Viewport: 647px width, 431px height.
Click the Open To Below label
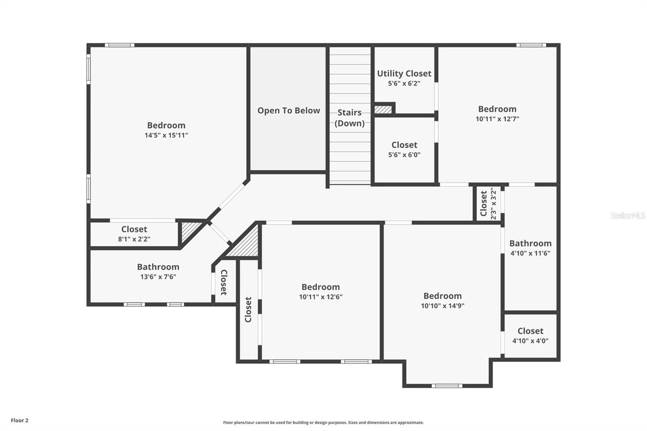click(289, 111)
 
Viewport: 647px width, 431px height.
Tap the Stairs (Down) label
click(349, 118)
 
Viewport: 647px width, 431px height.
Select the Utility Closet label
click(404, 74)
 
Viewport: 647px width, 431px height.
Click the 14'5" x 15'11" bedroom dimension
click(166, 135)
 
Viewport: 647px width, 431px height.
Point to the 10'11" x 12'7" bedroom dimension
click(497, 119)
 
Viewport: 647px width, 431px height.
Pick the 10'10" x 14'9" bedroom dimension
click(442, 306)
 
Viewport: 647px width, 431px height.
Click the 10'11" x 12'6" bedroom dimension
click(320, 297)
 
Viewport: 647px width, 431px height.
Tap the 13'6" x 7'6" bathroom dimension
click(158, 277)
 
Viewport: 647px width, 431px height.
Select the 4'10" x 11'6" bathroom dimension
click(530, 253)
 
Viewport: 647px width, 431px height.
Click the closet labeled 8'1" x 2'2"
click(134, 234)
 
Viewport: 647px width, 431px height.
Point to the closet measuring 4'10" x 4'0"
click(530, 336)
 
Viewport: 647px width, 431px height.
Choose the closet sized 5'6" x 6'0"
click(404, 150)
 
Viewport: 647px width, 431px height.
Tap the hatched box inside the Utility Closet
click(383, 109)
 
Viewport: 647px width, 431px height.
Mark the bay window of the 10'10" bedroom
click(447, 386)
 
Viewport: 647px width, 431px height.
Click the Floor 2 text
click(20, 420)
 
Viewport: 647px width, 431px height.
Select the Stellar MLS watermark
click(628, 215)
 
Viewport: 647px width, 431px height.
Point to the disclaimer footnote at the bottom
click(323, 422)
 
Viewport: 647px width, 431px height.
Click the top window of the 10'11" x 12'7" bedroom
click(531, 45)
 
